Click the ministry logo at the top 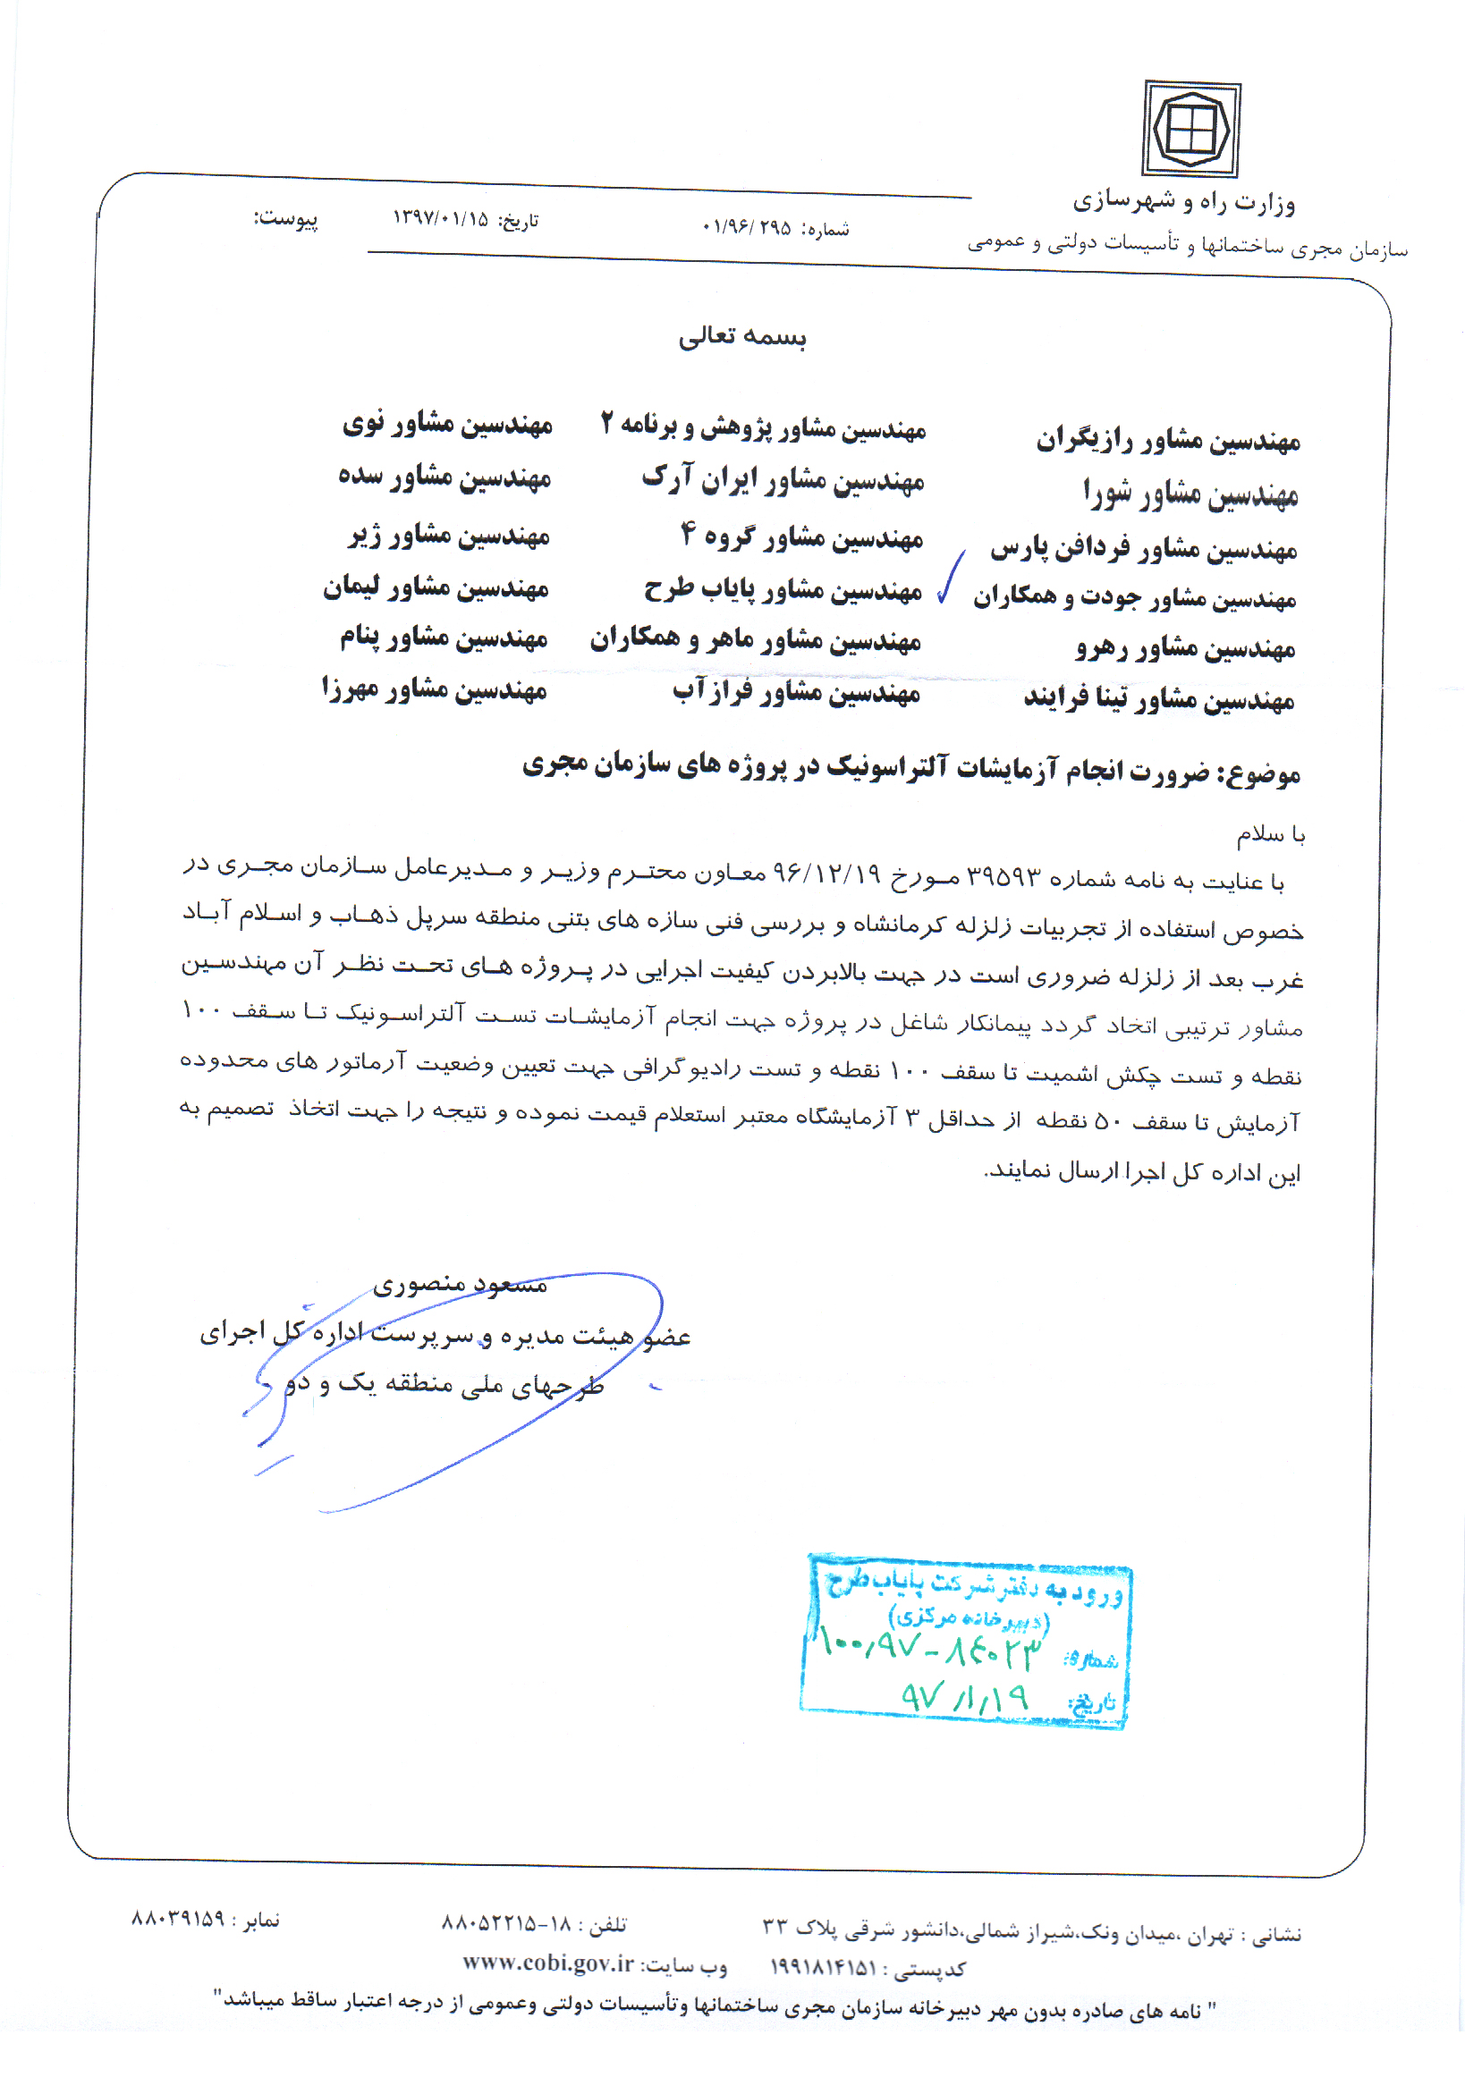(1190, 130)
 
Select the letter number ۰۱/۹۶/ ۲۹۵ (747, 228)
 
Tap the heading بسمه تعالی (742, 336)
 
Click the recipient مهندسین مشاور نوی (447, 425)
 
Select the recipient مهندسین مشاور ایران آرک (783, 479)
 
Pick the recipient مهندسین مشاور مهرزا (434, 690)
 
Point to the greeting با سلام (1270, 835)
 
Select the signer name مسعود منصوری (460, 1285)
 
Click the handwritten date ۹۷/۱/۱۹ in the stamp (965, 1697)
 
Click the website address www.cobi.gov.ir (548, 1963)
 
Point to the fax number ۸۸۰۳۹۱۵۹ (178, 1919)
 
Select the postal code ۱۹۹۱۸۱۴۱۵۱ (823, 1968)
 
